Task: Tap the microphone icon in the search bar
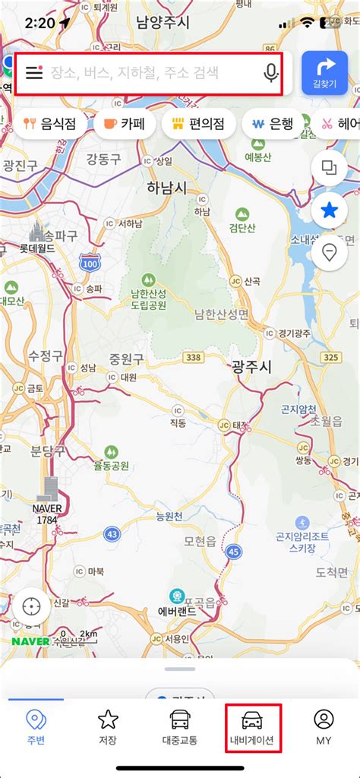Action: (x=270, y=73)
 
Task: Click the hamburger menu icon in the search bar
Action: (x=34, y=73)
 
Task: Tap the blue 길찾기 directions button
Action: (x=324, y=73)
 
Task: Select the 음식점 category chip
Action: (x=50, y=124)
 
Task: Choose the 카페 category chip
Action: (x=125, y=124)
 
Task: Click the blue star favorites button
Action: (x=330, y=210)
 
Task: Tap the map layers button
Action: (x=330, y=168)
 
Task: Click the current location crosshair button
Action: (x=31, y=607)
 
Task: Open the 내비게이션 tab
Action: (x=253, y=727)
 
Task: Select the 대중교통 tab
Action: (x=180, y=727)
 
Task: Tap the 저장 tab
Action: (x=108, y=727)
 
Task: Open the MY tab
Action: (x=324, y=727)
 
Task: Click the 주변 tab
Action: (x=36, y=727)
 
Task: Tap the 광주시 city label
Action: (x=251, y=366)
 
